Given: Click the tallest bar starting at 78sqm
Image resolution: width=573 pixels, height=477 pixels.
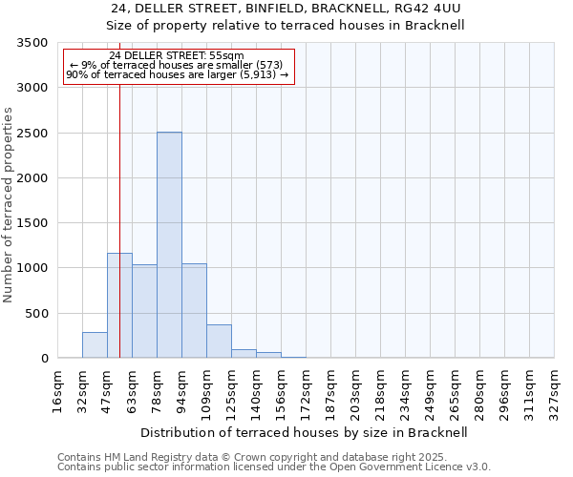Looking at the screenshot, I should click(169, 245).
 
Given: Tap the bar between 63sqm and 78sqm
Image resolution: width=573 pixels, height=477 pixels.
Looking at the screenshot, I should click(144, 311).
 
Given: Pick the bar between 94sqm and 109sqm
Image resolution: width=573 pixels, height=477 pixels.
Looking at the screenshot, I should click(194, 311).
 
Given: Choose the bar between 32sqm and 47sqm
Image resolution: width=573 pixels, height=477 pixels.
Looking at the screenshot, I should click(95, 345).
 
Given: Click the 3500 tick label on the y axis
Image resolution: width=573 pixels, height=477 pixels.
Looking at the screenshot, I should click(32, 43).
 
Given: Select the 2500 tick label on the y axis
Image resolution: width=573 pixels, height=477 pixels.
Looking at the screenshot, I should click(32, 134).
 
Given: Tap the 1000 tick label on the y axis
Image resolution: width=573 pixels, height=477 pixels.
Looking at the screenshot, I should click(32, 268).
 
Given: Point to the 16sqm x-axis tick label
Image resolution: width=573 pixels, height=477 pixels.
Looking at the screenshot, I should click(58, 390).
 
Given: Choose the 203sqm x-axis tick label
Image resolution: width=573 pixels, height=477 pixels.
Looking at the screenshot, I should click(356, 390).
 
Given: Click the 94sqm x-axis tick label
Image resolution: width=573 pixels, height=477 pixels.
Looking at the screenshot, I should click(182, 390).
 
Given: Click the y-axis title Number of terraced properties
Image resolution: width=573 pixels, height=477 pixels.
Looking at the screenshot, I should click(9, 204).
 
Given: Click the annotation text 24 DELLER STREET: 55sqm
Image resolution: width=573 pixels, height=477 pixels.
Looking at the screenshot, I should click(177, 56).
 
